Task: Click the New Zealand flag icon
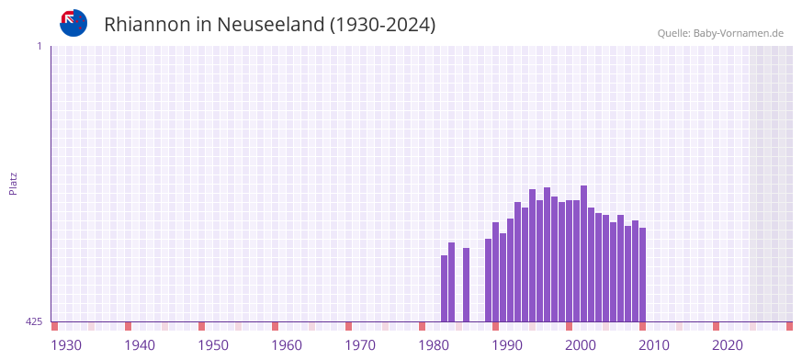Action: pos(73,23)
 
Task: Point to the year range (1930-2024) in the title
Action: pos(382,25)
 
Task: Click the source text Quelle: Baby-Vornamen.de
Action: pos(719,34)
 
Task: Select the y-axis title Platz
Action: pos(13,183)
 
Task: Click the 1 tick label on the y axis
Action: pos(39,46)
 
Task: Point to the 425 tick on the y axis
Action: pos(34,321)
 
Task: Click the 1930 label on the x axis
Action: pos(66,345)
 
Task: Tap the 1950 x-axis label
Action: pos(213,345)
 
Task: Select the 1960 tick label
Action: pos(287,345)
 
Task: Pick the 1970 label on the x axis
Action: pos(360,345)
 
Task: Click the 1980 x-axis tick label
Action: pos(434,345)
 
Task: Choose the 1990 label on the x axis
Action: pos(507,345)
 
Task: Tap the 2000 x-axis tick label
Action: pos(581,345)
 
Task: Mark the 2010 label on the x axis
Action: pos(654,345)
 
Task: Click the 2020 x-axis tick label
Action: pos(728,345)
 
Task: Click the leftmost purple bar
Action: pos(444,288)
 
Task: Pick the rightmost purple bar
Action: pos(642,275)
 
